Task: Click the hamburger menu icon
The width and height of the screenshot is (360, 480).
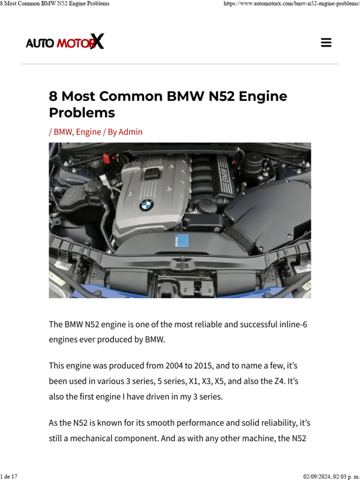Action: (326, 43)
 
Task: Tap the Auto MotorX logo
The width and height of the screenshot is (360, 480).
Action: (65, 43)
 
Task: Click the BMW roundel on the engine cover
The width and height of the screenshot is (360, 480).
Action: (146, 205)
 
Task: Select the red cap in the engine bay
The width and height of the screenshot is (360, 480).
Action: (106, 158)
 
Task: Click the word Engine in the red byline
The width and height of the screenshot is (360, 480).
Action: (88, 132)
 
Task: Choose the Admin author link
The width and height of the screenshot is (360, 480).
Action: (130, 132)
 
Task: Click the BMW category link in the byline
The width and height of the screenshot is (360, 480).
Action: (63, 132)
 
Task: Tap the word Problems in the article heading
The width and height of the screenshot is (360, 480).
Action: (82, 112)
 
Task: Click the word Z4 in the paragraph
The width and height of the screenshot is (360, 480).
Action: (276, 381)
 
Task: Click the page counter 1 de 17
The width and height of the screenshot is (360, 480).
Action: (9, 476)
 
